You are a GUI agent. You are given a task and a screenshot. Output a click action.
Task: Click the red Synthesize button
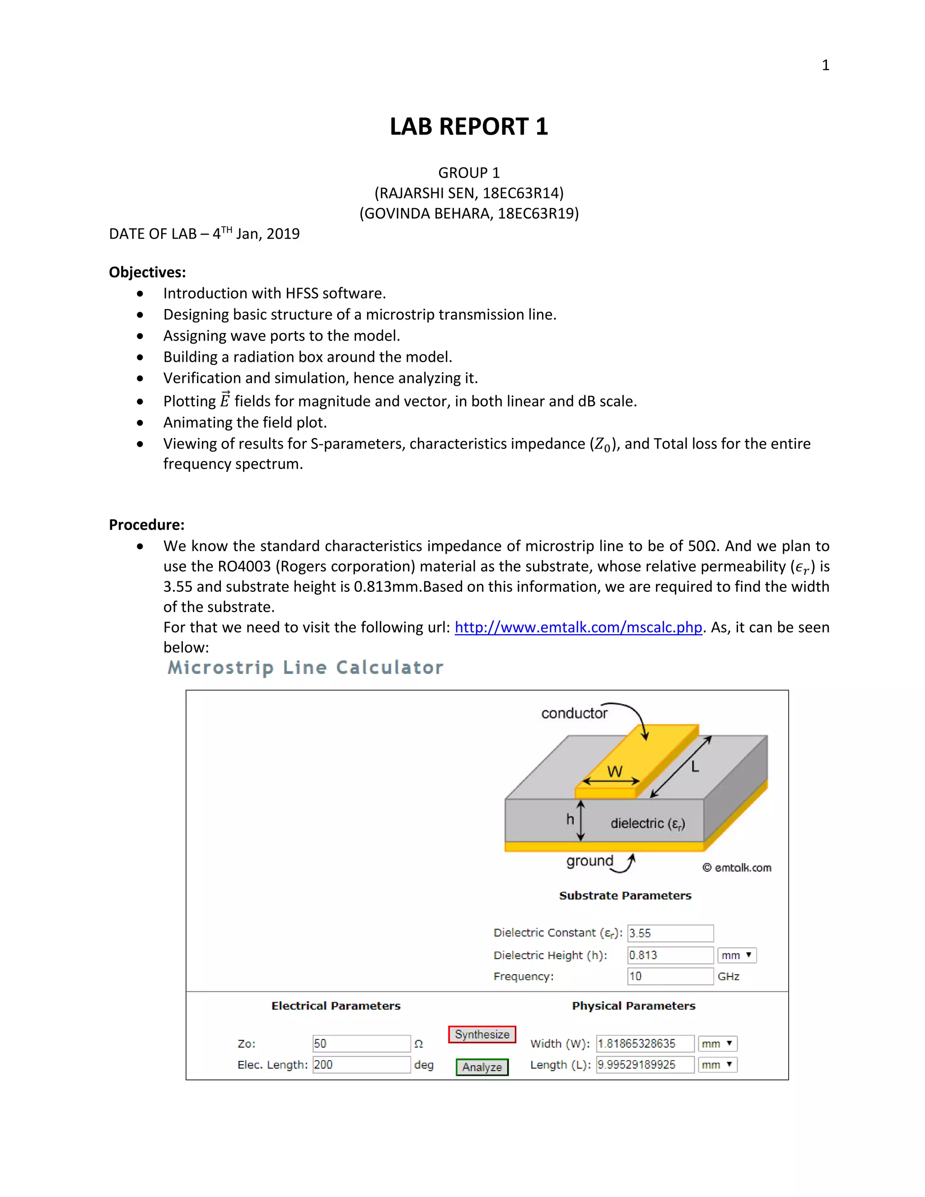[x=481, y=1034]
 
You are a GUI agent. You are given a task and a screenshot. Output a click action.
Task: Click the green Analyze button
[x=481, y=1066]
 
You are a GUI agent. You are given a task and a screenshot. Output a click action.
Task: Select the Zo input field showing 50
[x=361, y=1043]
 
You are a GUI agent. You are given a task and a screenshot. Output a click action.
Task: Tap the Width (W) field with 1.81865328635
[x=645, y=1043]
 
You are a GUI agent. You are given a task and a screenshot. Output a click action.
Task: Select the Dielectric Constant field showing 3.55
[x=670, y=933]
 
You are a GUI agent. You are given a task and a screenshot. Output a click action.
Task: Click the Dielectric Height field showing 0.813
[x=670, y=955]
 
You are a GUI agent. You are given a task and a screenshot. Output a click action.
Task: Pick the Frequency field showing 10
[x=670, y=976]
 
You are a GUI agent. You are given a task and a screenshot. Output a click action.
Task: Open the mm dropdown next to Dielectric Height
[x=737, y=955]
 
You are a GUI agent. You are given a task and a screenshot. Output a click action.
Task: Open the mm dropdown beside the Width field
[x=717, y=1043]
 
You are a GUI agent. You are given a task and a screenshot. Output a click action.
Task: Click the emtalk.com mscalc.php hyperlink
[x=578, y=627]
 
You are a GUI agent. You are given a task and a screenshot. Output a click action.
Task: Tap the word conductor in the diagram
[x=574, y=713]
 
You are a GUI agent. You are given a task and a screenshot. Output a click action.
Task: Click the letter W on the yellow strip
[x=614, y=771]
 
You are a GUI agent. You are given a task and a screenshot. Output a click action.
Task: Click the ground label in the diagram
[x=589, y=860]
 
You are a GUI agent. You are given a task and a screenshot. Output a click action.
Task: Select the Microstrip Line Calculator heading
[x=305, y=667]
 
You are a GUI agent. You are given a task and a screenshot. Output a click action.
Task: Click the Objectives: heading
[x=147, y=272]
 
